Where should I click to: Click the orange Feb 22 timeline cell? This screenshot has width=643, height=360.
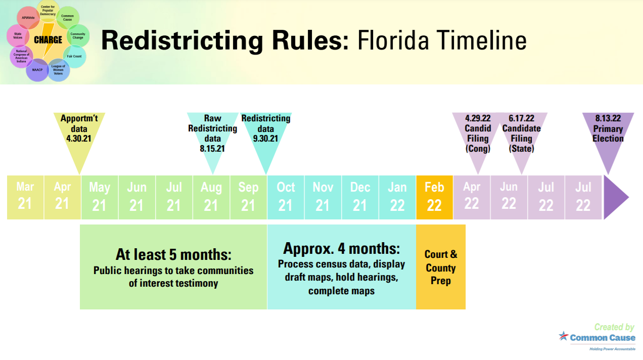[x=434, y=198]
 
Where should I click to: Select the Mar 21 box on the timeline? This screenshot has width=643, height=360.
[x=25, y=198]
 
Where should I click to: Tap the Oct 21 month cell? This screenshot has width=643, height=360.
[x=286, y=198]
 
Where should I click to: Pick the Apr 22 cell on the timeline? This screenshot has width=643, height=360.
[x=472, y=198]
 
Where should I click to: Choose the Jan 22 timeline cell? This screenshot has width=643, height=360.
[x=397, y=198]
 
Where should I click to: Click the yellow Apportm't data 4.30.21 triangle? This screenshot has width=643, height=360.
[x=79, y=135]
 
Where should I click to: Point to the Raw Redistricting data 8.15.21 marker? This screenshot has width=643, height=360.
[x=213, y=135]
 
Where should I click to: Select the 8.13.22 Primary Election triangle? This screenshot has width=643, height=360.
[x=608, y=135]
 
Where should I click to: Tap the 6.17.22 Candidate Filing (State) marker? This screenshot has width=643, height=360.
[x=522, y=135]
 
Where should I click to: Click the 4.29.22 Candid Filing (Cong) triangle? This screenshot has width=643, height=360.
[x=478, y=135]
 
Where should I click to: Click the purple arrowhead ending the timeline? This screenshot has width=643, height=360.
[x=614, y=198]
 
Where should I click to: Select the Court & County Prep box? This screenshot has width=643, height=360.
[x=441, y=267]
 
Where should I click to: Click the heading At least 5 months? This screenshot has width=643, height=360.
[x=173, y=255]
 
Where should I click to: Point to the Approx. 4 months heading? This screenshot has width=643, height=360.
[x=341, y=248]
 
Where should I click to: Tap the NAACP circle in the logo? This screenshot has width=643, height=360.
[x=37, y=70]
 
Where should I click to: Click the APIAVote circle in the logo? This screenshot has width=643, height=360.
[x=28, y=18]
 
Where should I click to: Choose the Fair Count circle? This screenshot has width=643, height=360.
[x=75, y=56]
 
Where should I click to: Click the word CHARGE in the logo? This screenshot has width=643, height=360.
[x=48, y=39]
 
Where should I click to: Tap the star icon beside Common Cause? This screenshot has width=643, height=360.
[x=564, y=336]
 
